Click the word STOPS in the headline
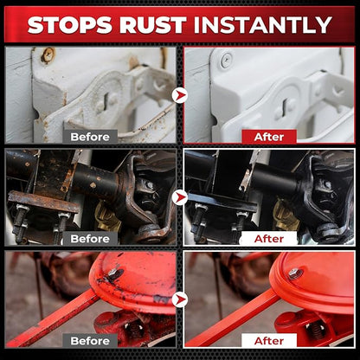[x=70, y=24]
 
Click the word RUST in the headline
[x=153, y=24]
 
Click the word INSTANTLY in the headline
[x=263, y=24]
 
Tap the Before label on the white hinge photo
[x=90, y=137]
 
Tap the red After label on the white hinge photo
[x=269, y=137]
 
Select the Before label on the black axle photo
[x=90, y=239]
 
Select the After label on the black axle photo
[x=269, y=239]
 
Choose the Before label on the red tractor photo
[x=90, y=341]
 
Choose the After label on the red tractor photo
[x=269, y=341]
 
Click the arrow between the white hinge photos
[x=180, y=95]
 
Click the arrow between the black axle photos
[x=180, y=197]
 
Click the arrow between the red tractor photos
[x=180, y=299]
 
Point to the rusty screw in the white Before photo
[x=48, y=55]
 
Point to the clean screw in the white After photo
[x=226, y=61]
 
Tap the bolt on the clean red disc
[x=295, y=273]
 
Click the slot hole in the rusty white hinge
[x=106, y=100]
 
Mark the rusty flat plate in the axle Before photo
[x=43, y=202]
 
